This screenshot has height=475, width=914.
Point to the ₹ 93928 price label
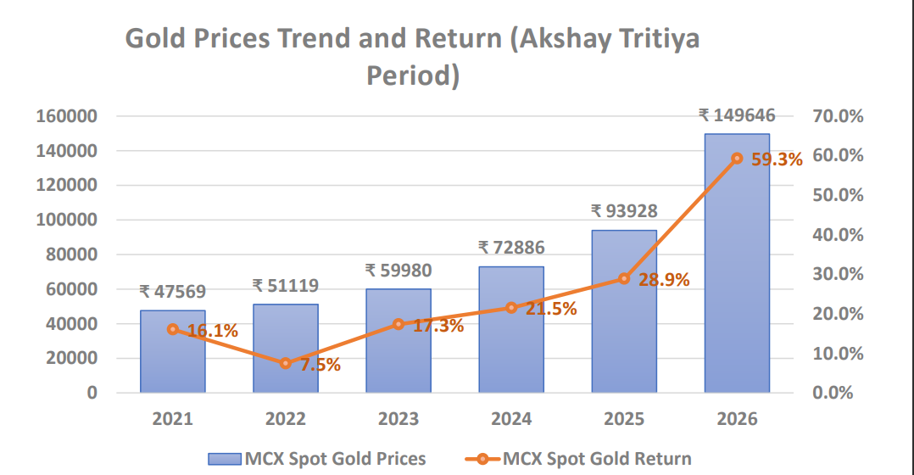click(624, 211)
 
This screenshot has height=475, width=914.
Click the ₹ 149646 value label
click(737, 115)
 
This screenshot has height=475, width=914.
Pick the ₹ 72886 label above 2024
click(511, 248)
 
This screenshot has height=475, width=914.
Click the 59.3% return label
click(777, 159)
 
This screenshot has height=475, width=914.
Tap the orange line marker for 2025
click(624, 278)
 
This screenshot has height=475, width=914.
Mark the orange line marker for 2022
click(286, 363)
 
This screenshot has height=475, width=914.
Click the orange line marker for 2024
click(511, 308)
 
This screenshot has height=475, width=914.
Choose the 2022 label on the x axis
click(286, 419)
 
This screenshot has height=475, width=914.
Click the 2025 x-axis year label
click(624, 419)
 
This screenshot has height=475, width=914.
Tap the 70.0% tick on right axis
click(837, 116)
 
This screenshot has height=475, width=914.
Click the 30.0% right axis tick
click(837, 274)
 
